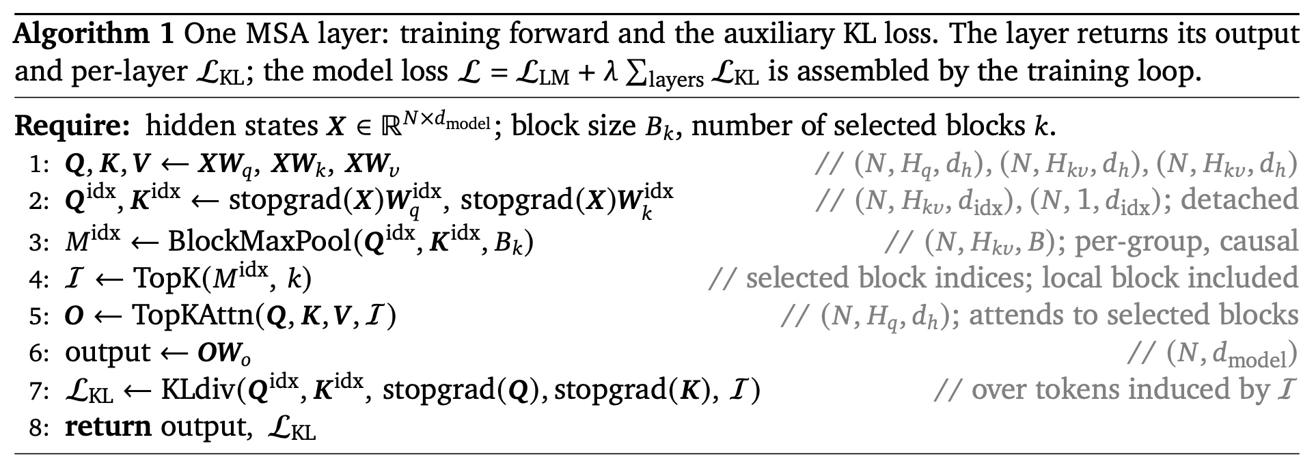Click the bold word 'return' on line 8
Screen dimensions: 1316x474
108,427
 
